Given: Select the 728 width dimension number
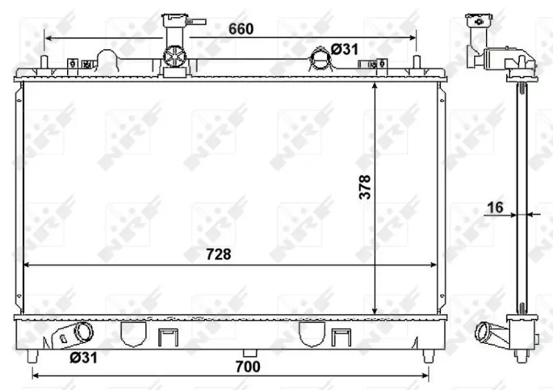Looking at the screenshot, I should (218, 253).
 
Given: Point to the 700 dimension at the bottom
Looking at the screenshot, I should (247, 367).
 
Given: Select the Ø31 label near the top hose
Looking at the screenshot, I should (344, 49).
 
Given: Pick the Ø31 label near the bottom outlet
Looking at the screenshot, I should (82, 357).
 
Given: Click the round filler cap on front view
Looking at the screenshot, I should (174, 57).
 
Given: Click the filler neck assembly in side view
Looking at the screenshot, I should (492, 48).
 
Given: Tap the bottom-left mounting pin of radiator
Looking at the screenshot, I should (32, 356).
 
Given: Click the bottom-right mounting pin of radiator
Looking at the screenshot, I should (427, 356).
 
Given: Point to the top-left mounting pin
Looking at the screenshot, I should (45, 61).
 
